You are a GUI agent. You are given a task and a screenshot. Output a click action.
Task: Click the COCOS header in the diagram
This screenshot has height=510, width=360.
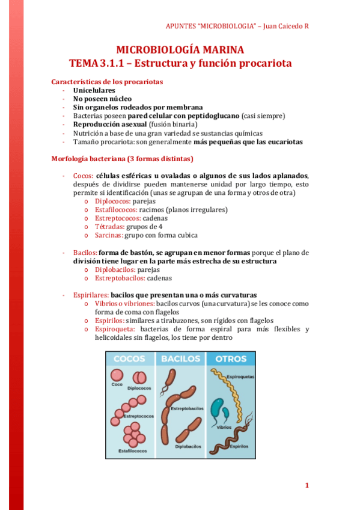pos(129,359)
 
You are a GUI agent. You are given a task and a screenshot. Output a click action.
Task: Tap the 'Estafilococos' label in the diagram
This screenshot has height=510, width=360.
pos(133,450)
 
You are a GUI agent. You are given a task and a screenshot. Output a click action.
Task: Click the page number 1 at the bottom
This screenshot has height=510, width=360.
pos(307,485)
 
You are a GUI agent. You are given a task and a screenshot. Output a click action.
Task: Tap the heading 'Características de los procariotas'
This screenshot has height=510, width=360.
pos(107,82)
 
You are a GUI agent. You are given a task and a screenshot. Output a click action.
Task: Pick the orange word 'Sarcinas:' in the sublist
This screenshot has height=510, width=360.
pos(109,235)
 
